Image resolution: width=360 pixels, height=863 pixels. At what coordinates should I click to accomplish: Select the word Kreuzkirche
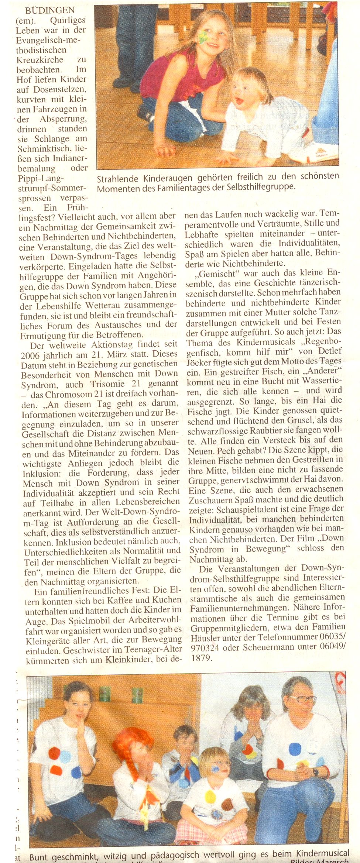[x=40, y=59]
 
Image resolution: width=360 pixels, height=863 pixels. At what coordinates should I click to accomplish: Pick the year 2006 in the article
[x=31, y=355]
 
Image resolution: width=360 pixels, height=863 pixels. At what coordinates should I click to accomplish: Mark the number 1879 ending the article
[x=201, y=657]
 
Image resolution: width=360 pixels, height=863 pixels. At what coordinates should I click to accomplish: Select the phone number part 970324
[x=205, y=647]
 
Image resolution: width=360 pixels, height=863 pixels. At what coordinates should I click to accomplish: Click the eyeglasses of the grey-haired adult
[x=303, y=699]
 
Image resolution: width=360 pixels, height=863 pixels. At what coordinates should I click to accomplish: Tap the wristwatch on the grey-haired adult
[x=315, y=772]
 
